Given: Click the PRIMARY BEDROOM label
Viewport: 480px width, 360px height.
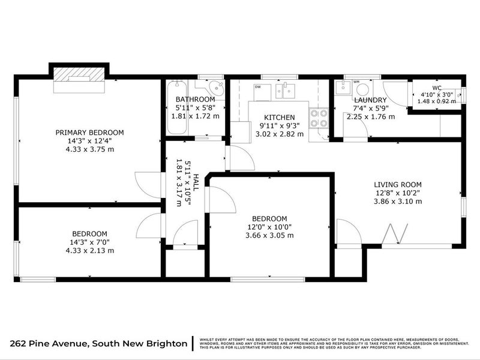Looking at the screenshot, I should (89, 133).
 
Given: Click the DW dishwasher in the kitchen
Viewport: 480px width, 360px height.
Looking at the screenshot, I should (257, 91).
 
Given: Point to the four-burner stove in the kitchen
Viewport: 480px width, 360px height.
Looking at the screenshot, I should (319, 118).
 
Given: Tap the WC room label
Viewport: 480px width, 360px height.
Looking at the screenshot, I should (437, 88).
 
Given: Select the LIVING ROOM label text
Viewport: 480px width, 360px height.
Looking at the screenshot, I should (398, 185).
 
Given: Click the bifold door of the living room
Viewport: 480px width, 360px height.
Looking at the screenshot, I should (394, 235).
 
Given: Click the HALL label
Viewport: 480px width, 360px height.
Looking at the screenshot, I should (196, 184).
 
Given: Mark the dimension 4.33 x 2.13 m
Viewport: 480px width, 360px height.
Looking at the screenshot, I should (89, 251).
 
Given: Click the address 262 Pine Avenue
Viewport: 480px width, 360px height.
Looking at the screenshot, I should (50, 343).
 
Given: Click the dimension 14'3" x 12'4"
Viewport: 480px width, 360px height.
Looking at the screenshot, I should (89, 141).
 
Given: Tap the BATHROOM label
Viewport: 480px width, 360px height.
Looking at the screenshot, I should (195, 99).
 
